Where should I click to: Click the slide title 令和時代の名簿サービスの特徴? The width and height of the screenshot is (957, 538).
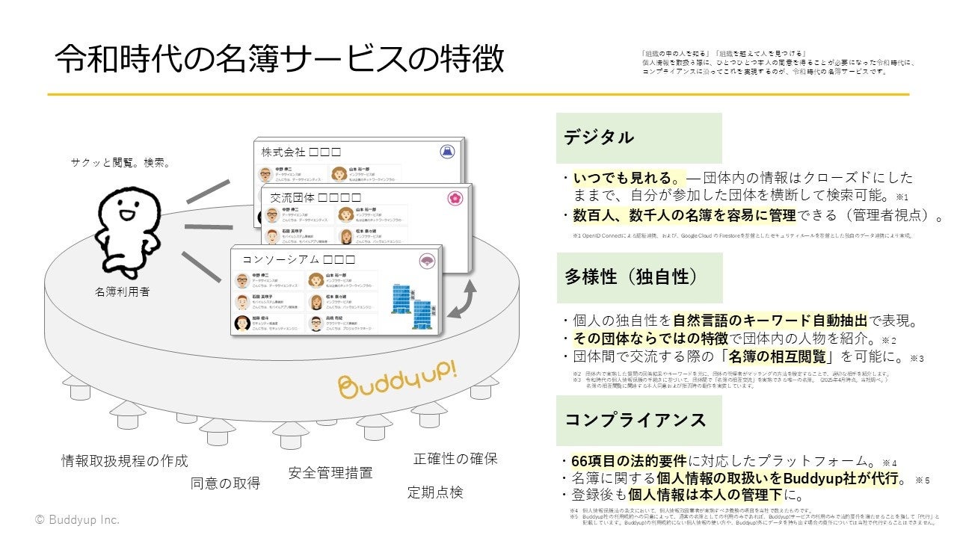point(279,58)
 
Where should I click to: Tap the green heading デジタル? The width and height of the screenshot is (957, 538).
point(599,137)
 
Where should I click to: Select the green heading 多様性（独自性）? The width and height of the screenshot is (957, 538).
point(631,276)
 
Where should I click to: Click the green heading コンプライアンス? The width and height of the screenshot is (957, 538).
point(635,420)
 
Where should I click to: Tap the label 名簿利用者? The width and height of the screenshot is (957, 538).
point(120,291)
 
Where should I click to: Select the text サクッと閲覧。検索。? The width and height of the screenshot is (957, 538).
point(120,161)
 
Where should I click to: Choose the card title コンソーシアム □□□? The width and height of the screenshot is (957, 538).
point(298,260)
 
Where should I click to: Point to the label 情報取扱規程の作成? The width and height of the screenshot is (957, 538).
point(125,460)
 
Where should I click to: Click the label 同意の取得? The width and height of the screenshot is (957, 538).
point(225,483)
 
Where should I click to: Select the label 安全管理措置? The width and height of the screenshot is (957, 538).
point(330,472)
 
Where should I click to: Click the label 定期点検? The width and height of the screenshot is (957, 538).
point(435,492)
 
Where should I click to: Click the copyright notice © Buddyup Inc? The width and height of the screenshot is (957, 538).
point(77,519)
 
